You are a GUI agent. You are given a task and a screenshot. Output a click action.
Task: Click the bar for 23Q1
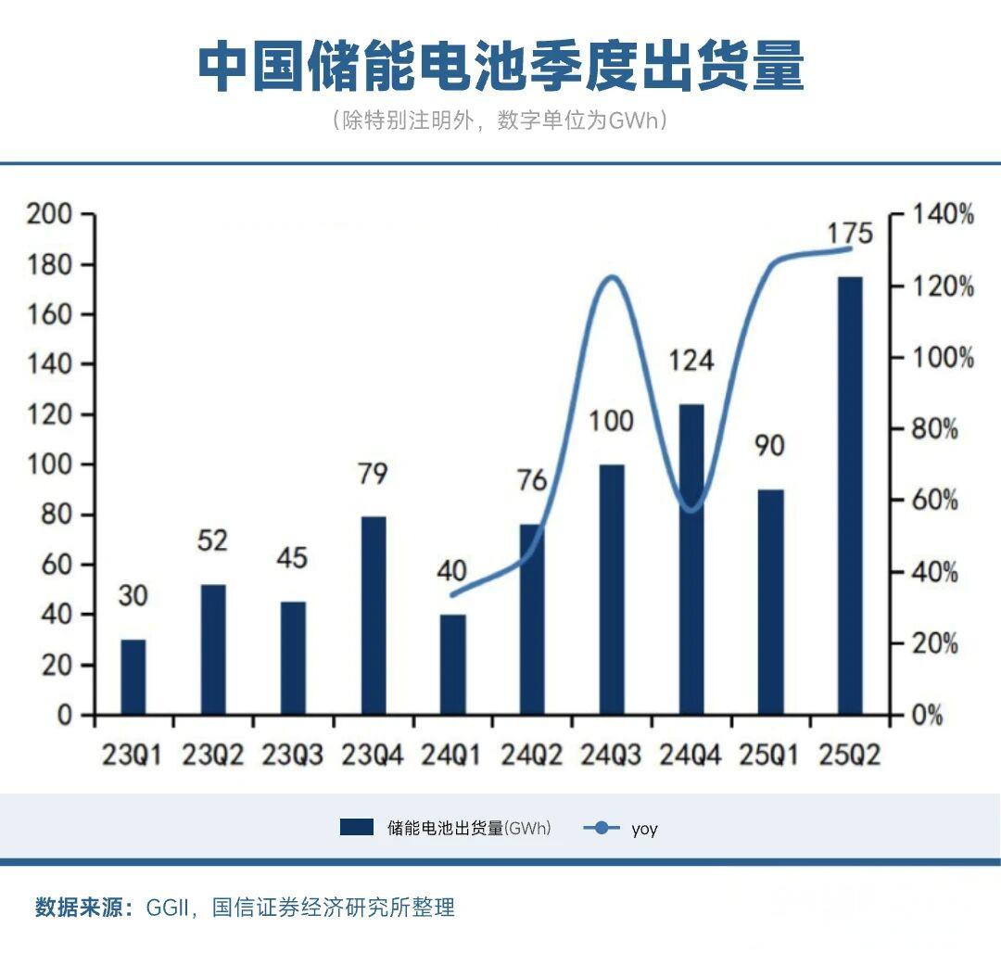click(x=133, y=677)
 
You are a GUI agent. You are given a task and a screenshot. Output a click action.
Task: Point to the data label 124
click(x=691, y=360)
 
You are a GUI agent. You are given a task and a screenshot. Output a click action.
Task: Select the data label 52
click(x=212, y=540)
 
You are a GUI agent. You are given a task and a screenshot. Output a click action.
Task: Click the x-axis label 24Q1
click(x=451, y=756)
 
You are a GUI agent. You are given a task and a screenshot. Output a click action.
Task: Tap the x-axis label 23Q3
click(x=292, y=756)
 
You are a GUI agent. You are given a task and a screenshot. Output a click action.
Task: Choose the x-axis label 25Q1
click(x=770, y=756)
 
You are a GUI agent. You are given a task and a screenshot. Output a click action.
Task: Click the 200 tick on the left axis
click(x=50, y=215)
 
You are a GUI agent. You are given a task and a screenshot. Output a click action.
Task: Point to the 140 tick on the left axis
click(x=50, y=364)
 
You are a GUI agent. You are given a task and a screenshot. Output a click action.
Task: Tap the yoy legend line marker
click(x=602, y=828)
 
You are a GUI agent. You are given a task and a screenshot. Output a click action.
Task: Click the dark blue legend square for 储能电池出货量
click(x=357, y=828)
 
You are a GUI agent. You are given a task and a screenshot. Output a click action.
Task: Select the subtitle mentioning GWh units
click(x=500, y=121)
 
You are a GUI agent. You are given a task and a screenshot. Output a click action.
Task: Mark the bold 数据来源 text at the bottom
click(x=84, y=908)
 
